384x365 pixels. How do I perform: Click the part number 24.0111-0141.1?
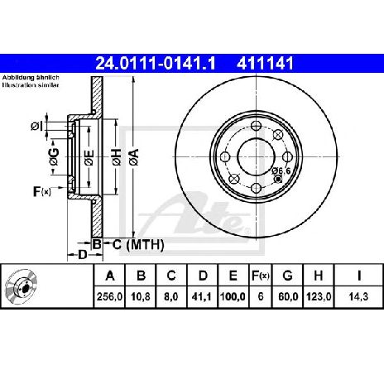[156, 64]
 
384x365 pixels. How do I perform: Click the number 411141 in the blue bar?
[265, 64]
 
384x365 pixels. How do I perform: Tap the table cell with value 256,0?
[109, 297]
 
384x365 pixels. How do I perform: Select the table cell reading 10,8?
[141, 297]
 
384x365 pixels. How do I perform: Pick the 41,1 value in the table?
[202, 297]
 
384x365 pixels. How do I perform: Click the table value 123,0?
[319, 297]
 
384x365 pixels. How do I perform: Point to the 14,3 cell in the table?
[358, 297]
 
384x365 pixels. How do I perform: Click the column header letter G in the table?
[287, 276]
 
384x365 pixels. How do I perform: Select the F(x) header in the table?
[261, 276]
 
